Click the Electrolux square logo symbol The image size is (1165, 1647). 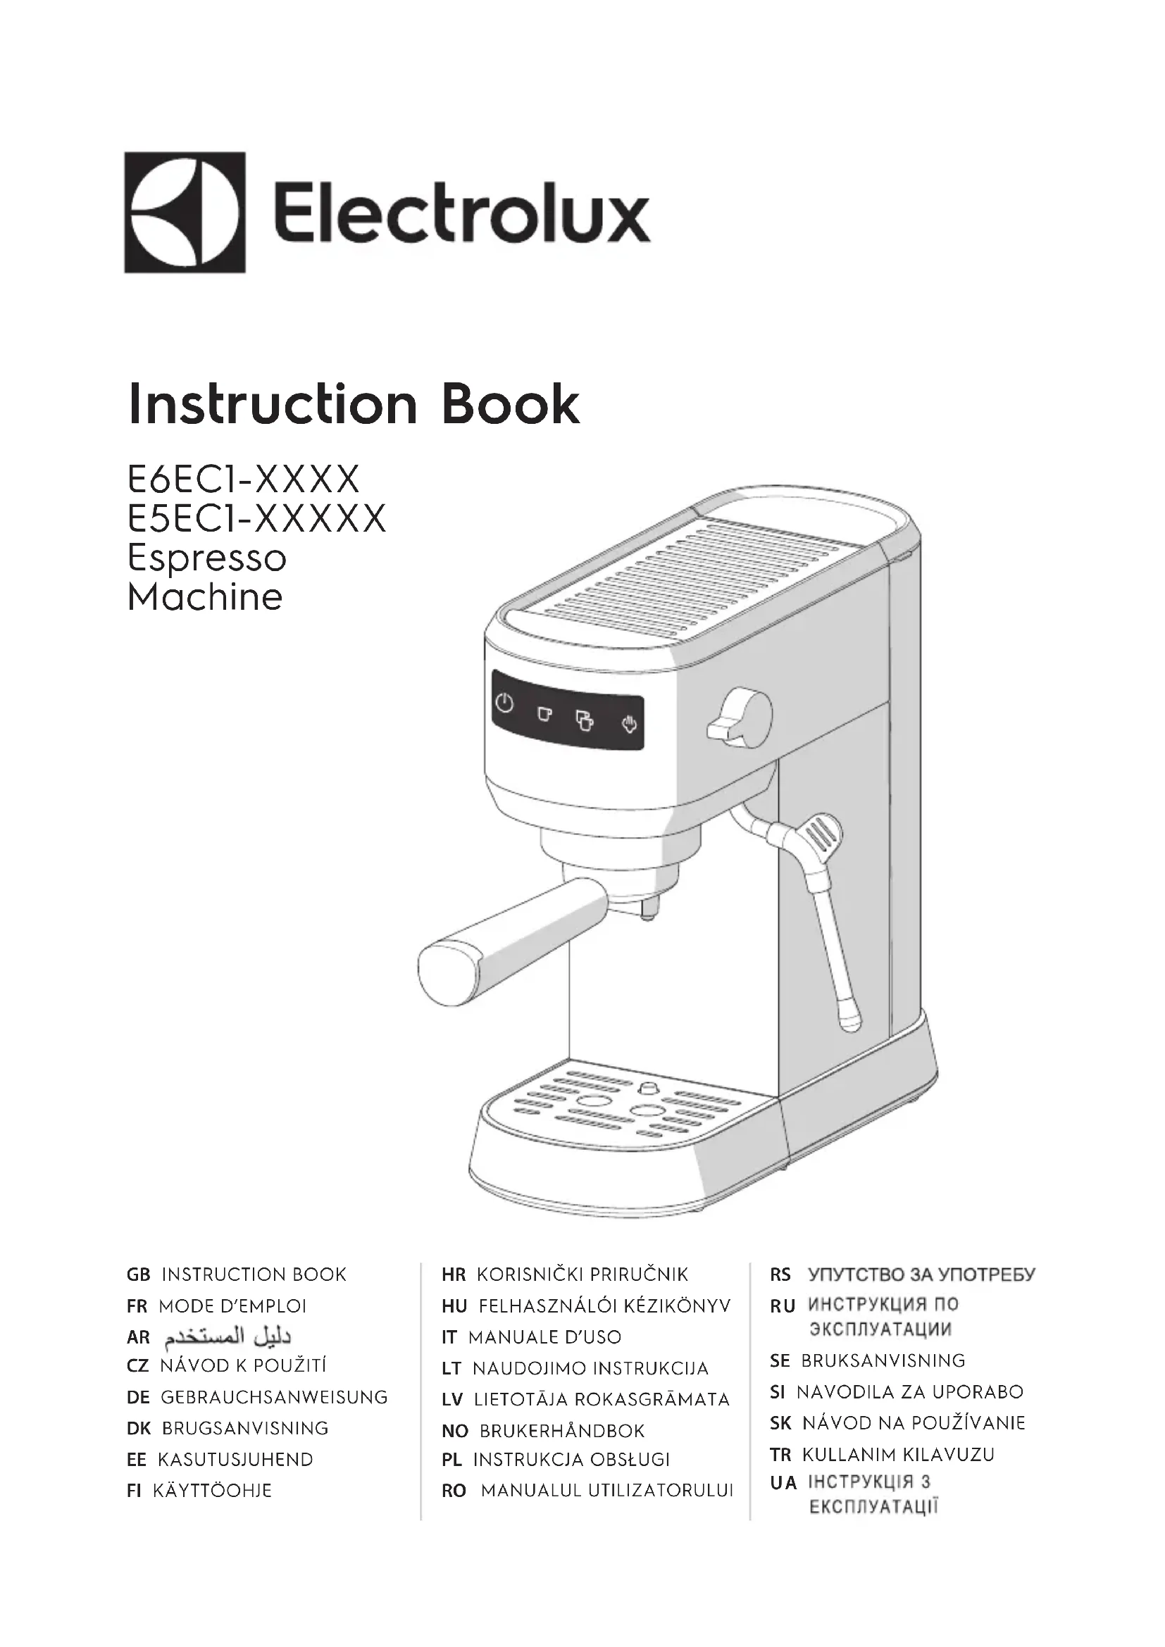pos(185,213)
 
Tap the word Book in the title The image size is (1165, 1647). pos(510,405)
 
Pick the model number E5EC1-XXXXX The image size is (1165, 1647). pos(257,519)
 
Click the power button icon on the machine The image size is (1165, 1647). pos(505,703)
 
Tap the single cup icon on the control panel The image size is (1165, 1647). pos(545,714)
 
